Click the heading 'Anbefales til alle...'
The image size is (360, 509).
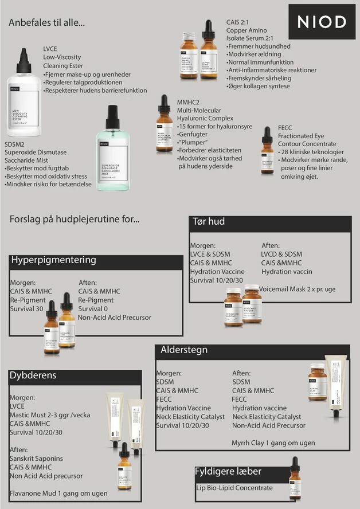pyautogui.click(x=47, y=24)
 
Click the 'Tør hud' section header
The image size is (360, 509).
pyautogui.click(x=208, y=222)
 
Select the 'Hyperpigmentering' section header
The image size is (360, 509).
pyautogui.click(x=54, y=260)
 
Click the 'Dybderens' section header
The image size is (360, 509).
pyautogui.click(x=33, y=375)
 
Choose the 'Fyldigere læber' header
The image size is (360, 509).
pyautogui.click(x=228, y=471)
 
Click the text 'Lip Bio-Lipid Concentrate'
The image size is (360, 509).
pyautogui.click(x=234, y=488)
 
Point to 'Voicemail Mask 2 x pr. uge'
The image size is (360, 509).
pyautogui.click(x=297, y=289)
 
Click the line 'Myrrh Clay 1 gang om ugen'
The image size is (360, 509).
pyautogui.click(x=273, y=443)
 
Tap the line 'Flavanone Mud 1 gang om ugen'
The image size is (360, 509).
pyautogui.click(x=58, y=493)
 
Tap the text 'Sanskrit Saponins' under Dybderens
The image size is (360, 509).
pyautogui.click(x=36, y=459)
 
